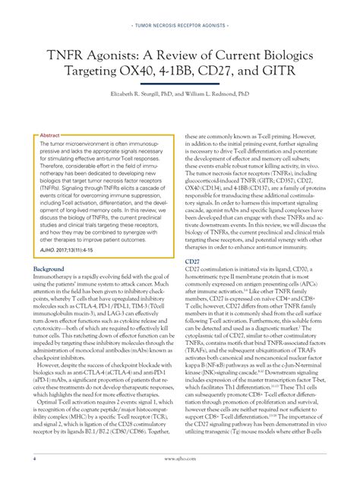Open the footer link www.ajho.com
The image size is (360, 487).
(x=179, y=460)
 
